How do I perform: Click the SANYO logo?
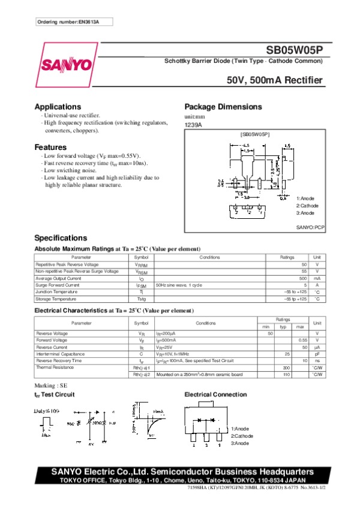66,64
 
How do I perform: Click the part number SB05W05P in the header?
295,50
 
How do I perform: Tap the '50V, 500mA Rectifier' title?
275,80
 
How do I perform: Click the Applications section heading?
58,107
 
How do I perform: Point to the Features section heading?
50,147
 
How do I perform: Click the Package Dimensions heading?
223,107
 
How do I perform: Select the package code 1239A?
193,125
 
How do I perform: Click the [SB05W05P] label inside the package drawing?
254,134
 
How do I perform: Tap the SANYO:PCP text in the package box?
310,228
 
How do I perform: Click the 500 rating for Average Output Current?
303,278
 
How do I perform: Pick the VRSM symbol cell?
141,272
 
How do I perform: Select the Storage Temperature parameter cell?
55,299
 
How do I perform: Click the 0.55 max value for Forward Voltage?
303,340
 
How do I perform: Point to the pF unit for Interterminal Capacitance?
317,354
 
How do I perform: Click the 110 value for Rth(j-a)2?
286,374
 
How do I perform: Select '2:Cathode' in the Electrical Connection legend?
242,436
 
